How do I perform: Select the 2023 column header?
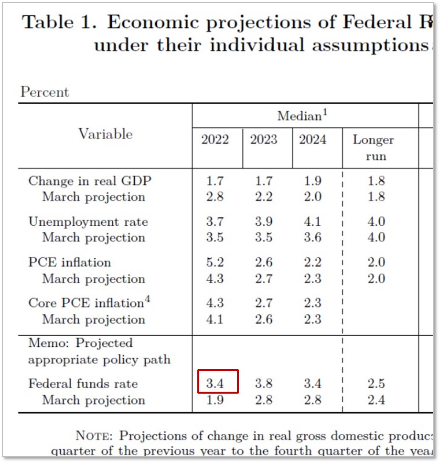263,140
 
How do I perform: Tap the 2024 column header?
312,140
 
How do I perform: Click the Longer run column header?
373,148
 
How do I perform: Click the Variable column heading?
105,134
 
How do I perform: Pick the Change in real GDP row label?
90,181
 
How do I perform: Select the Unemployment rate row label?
88,222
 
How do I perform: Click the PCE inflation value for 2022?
215,263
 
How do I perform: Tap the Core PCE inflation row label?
86,303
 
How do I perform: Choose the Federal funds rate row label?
83,384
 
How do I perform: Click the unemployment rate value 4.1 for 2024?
312,222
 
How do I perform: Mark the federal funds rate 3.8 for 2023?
263,384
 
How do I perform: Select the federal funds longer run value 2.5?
376,384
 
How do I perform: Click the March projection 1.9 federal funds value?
215,400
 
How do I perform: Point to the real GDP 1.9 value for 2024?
312,181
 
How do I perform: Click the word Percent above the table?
44,92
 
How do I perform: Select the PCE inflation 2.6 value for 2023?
263,263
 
